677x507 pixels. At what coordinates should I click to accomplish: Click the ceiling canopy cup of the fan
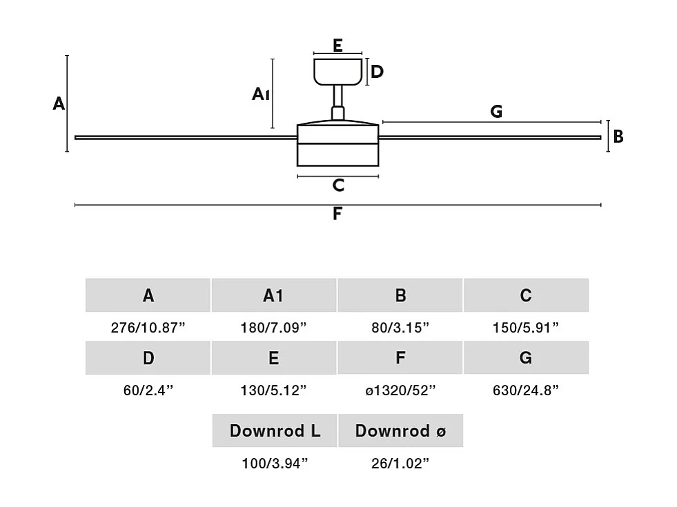pos(338,71)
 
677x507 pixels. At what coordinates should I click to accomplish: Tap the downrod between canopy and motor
pos(338,97)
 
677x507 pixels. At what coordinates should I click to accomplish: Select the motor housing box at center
pos(337,145)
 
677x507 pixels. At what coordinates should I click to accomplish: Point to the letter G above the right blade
pos(496,111)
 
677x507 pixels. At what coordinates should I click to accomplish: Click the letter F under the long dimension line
pos(337,214)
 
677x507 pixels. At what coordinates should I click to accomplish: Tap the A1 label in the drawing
pos(260,94)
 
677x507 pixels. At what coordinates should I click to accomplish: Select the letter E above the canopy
pos(337,46)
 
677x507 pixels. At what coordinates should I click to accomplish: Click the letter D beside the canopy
pos(377,72)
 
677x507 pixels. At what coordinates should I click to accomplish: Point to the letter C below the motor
pos(337,186)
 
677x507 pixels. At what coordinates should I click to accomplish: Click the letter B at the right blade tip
pos(618,137)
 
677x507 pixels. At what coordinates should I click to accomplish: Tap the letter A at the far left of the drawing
pos(59,104)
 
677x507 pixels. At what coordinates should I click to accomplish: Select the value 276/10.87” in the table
pos(148,328)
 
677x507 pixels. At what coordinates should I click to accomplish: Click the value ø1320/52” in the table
pos(400,390)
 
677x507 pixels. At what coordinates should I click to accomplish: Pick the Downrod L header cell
pos(275,431)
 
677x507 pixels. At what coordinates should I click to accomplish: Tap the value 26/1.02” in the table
pos(400,463)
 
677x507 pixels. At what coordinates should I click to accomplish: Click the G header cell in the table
pos(526,358)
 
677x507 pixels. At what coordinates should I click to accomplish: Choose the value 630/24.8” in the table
pos(526,390)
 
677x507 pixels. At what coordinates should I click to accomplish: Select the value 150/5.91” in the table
pos(526,328)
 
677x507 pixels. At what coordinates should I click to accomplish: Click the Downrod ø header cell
pos(400,431)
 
